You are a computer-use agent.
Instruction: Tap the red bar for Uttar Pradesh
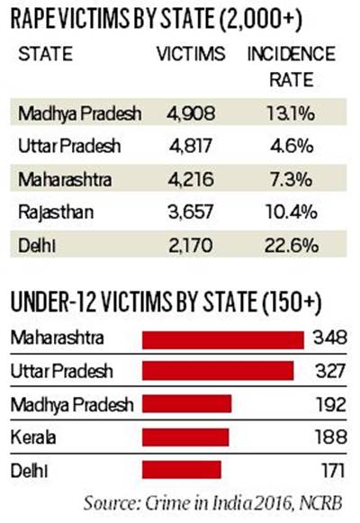pyautogui.click(x=220, y=371)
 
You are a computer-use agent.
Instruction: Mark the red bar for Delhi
pyautogui.click(x=183, y=470)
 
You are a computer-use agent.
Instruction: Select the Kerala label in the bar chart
pyautogui.click(x=31, y=437)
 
